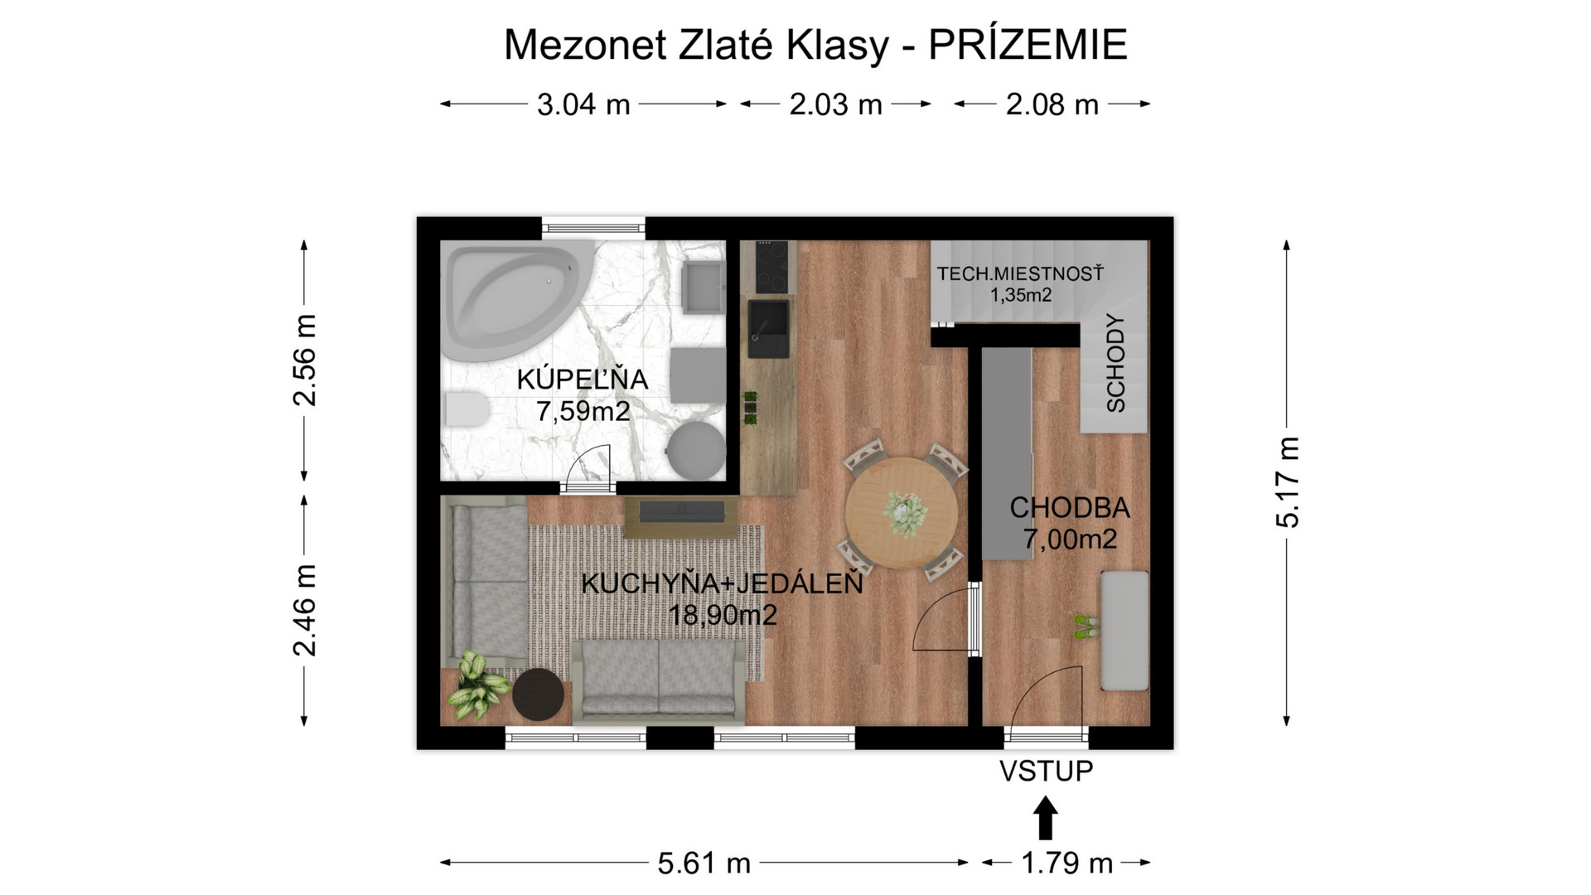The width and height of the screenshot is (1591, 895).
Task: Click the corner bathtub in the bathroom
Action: tap(510, 302)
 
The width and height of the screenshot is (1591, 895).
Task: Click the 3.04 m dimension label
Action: tap(583, 105)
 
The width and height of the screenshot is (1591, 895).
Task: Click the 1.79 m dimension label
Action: tap(1066, 864)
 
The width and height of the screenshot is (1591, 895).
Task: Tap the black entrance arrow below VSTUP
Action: tap(1046, 819)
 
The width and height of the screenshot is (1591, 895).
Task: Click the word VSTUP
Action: tap(1046, 772)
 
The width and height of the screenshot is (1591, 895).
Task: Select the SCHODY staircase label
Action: tap(1115, 364)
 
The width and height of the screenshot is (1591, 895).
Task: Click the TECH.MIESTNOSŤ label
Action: tap(1020, 274)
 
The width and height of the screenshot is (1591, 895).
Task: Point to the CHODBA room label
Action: tap(1069, 507)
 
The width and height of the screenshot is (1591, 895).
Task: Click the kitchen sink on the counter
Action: tap(768, 328)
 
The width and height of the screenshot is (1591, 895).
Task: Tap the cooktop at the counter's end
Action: tap(768, 267)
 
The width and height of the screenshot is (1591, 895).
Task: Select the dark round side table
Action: tap(538, 695)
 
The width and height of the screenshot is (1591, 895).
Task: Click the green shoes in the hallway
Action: tap(1086, 626)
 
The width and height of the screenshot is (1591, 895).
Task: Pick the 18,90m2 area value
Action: tap(723, 616)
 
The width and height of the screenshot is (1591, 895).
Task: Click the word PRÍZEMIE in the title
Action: tap(1028, 45)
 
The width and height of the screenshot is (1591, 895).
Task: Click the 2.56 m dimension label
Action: tap(305, 360)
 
